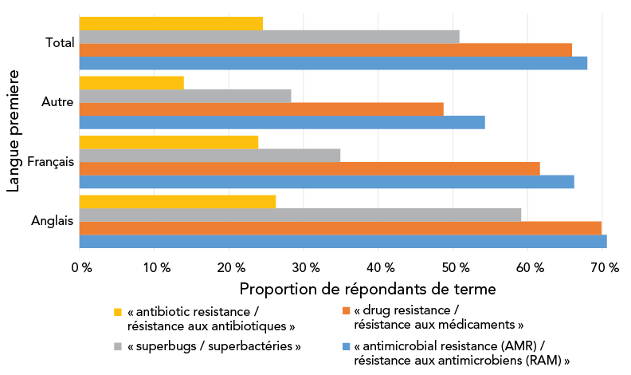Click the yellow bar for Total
(x=171, y=23)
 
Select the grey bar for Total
(x=269, y=37)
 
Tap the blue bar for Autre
(x=282, y=122)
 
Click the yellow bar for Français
(x=169, y=142)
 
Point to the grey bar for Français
(x=210, y=156)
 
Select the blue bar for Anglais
(x=343, y=241)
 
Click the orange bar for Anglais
(x=340, y=227)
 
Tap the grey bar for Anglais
(x=300, y=215)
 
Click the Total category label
(x=60, y=43)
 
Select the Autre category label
(x=57, y=102)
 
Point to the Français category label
(x=51, y=162)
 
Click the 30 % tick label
(x=304, y=268)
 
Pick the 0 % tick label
(x=81, y=268)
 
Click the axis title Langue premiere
(x=14, y=132)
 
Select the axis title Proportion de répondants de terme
(x=368, y=287)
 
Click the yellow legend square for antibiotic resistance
(x=118, y=311)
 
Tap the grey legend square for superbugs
(x=118, y=346)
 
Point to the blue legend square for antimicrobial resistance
(x=345, y=346)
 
